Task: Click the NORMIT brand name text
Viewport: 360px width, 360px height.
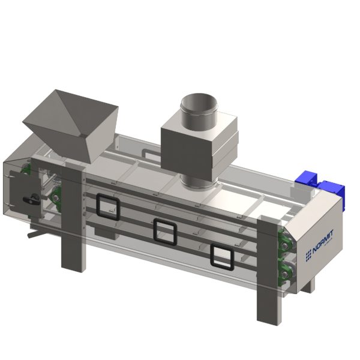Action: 323,242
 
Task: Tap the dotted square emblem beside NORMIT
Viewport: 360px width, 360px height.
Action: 308,256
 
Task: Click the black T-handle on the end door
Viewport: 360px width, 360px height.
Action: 31,199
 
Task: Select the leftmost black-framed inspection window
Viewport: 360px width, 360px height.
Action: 108,206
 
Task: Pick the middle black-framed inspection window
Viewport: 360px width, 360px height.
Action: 165,232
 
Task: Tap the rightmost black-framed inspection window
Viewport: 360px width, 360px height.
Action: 222,257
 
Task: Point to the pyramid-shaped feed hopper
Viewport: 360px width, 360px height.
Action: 71,125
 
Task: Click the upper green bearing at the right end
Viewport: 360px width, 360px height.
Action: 284,245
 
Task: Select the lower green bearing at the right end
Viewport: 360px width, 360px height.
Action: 284,273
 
